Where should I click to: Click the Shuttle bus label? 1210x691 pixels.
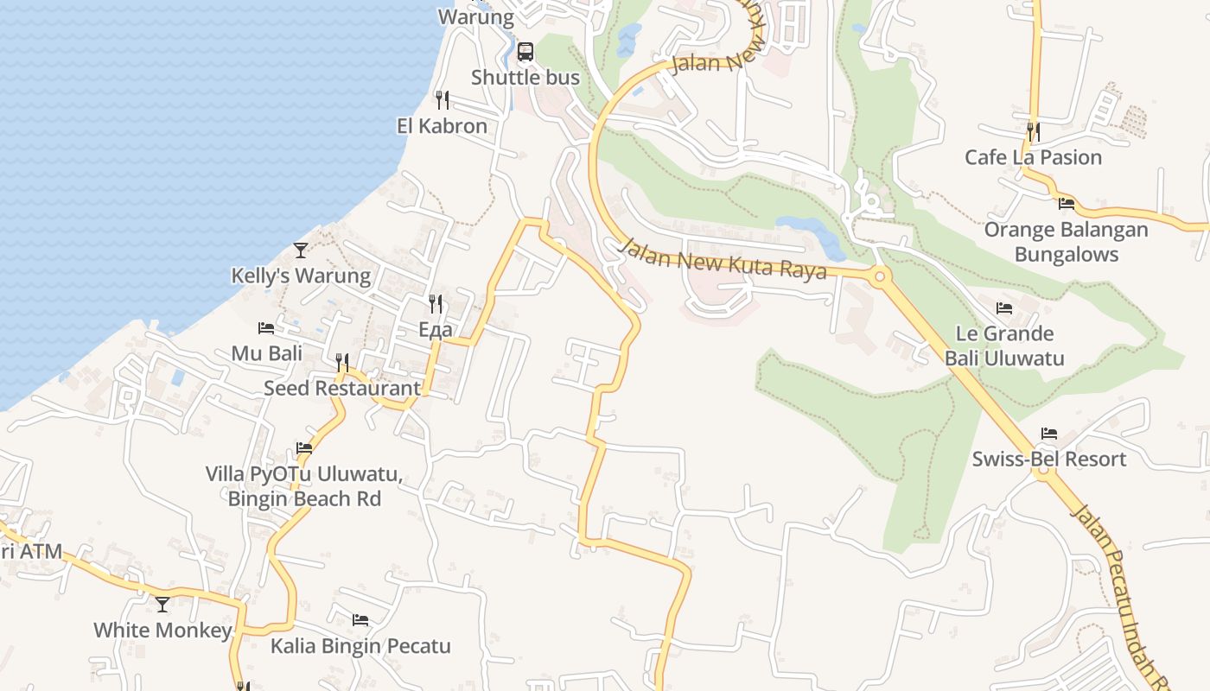click(525, 78)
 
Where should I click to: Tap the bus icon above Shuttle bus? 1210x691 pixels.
click(525, 52)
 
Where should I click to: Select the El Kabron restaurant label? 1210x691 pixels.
click(442, 126)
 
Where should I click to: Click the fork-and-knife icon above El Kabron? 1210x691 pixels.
click(442, 100)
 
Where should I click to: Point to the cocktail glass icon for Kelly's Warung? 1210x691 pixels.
click(301, 250)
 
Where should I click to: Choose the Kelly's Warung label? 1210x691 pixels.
click(301, 276)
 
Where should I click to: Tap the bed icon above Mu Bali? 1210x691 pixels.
click(266, 328)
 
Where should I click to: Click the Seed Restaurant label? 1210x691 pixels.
click(342, 389)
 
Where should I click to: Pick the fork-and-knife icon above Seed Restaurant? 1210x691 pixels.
click(342, 363)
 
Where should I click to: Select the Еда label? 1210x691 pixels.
click(436, 330)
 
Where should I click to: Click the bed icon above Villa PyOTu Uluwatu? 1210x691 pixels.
click(304, 448)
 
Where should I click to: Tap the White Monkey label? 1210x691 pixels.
click(162, 631)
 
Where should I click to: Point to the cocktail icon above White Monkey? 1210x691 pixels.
click(162, 605)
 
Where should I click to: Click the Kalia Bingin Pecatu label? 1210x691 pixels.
click(360, 646)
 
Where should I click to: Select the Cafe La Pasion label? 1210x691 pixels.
click(1033, 158)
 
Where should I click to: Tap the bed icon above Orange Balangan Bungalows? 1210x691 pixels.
click(1067, 204)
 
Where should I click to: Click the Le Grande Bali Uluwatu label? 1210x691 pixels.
click(1004, 345)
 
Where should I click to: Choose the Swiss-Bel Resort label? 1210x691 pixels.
click(1049, 460)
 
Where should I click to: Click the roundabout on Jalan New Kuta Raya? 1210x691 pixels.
click(880, 277)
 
